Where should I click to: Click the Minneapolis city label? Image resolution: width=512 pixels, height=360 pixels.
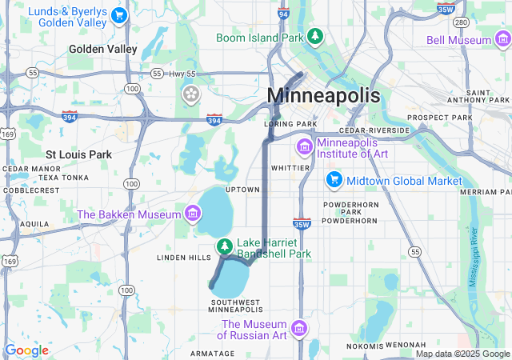(323, 94)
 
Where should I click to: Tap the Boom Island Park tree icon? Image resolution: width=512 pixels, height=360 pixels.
(316, 36)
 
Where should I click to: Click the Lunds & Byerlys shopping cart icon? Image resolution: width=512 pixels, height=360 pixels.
(119, 14)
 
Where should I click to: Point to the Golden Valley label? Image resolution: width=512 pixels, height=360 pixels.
(103, 49)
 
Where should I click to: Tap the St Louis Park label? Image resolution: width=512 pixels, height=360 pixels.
(78, 154)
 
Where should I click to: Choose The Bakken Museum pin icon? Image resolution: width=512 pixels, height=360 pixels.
(192, 214)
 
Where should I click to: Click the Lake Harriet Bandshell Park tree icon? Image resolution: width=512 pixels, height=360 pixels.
(225, 246)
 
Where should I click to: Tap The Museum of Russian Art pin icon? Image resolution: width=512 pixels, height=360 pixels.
(298, 329)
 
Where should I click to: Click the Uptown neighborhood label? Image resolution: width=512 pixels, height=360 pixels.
(242, 190)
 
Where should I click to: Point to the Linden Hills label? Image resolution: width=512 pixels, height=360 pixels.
(183, 257)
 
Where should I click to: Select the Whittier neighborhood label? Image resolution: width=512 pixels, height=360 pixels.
(290, 168)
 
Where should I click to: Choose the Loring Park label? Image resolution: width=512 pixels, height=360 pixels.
(290, 124)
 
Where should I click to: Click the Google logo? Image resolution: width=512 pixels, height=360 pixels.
(26, 350)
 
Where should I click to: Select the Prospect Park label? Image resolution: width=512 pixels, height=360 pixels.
(440, 118)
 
